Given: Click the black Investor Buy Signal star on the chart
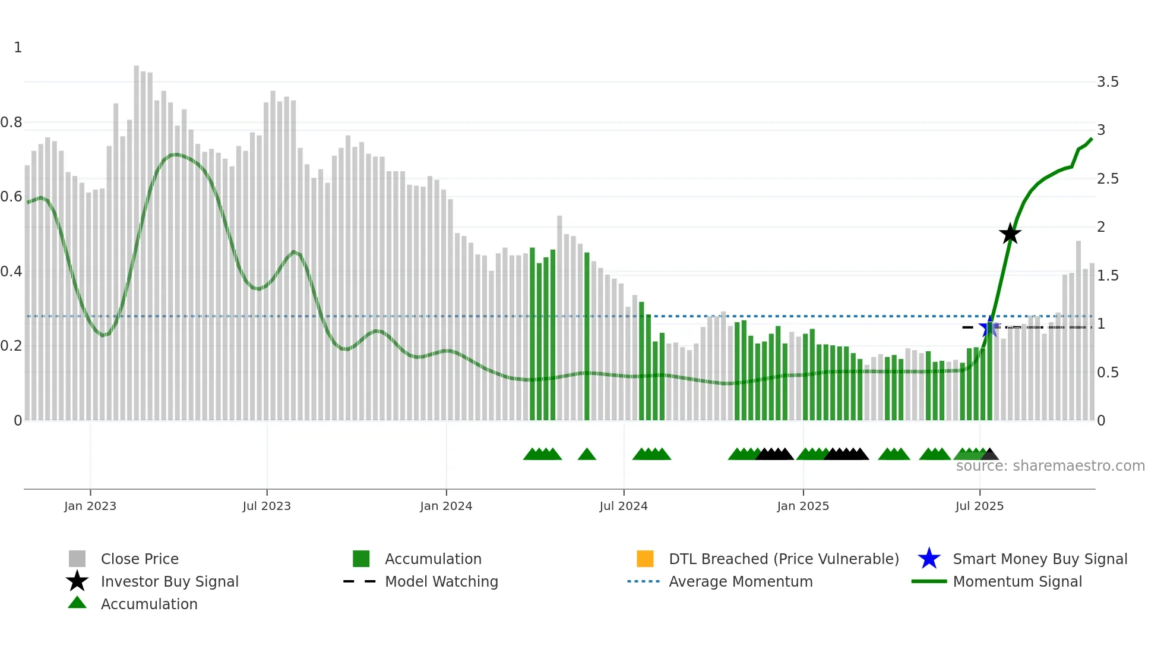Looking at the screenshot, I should (x=1010, y=234).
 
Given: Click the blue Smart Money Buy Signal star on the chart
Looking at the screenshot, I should (x=989, y=327).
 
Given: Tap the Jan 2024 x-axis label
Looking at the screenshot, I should (x=446, y=506).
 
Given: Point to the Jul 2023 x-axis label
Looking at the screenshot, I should (x=267, y=506).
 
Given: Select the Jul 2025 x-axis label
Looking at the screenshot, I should (x=979, y=506).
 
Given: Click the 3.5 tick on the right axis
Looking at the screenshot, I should (x=1108, y=82).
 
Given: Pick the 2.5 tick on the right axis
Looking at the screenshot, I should (x=1108, y=179).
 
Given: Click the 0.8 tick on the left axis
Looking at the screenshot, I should (x=11, y=122).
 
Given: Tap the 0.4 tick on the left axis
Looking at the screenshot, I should (x=11, y=272).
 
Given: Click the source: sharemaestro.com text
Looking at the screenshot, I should (x=1050, y=466).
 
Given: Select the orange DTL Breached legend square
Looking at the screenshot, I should (x=645, y=559).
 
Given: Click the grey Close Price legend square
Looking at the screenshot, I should (x=77, y=559).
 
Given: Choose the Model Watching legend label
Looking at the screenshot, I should (x=441, y=581).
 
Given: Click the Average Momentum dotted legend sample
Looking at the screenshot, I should (x=643, y=581).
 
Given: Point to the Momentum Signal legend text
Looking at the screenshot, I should (x=1017, y=581).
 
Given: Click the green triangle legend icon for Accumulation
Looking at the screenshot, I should (x=77, y=603).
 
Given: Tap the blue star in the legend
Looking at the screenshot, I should (x=929, y=559).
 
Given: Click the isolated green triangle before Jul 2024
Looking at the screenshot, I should (x=587, y=455).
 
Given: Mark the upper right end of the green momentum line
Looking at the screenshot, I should (x=1092, y=139).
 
